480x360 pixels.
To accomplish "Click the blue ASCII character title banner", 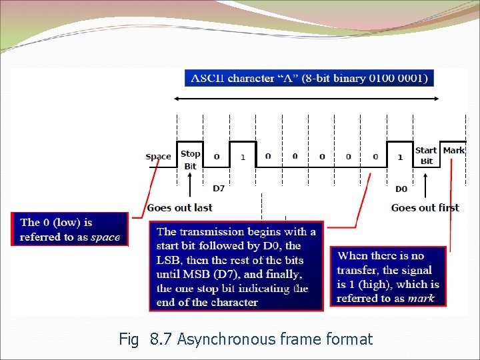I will (309, 78).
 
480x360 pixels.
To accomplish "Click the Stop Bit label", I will (190, 160).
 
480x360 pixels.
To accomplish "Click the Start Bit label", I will (426, 155).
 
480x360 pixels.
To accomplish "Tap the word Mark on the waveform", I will (453, 151).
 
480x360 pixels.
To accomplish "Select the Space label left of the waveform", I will (158, 157).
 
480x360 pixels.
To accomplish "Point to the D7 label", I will (219, 189).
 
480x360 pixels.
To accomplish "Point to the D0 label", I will (401, 189).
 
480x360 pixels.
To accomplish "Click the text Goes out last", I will (180, 207).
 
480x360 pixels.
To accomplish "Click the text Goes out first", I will (425, 207).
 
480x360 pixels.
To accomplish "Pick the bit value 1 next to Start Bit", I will (400, 157).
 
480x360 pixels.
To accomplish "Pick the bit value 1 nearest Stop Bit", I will (243, 157).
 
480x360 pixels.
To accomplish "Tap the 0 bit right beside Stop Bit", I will (217, 157).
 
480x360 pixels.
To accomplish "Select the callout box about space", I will (69, 229).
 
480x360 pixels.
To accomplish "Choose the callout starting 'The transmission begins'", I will (236, 266).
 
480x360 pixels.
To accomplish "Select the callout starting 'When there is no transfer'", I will (387, 276).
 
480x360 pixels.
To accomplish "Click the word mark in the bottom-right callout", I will (421, 298).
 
